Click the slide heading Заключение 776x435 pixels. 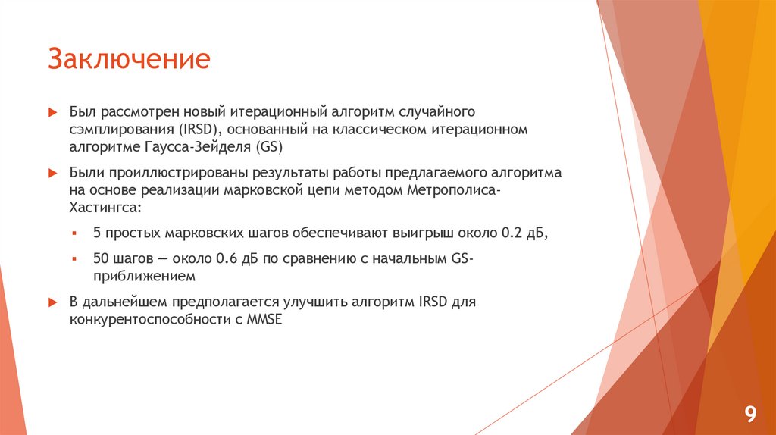(129, 58)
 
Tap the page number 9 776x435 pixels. (750, 414)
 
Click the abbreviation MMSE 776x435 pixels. (263, 320)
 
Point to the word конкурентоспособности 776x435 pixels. (144, 320)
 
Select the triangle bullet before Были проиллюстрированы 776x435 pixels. (52, 173)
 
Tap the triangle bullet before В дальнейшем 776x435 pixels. (52, 302)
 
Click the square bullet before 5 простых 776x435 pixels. (74, 234)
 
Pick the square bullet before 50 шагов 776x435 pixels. (74, 258)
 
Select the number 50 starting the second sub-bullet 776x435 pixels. (101, 258)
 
